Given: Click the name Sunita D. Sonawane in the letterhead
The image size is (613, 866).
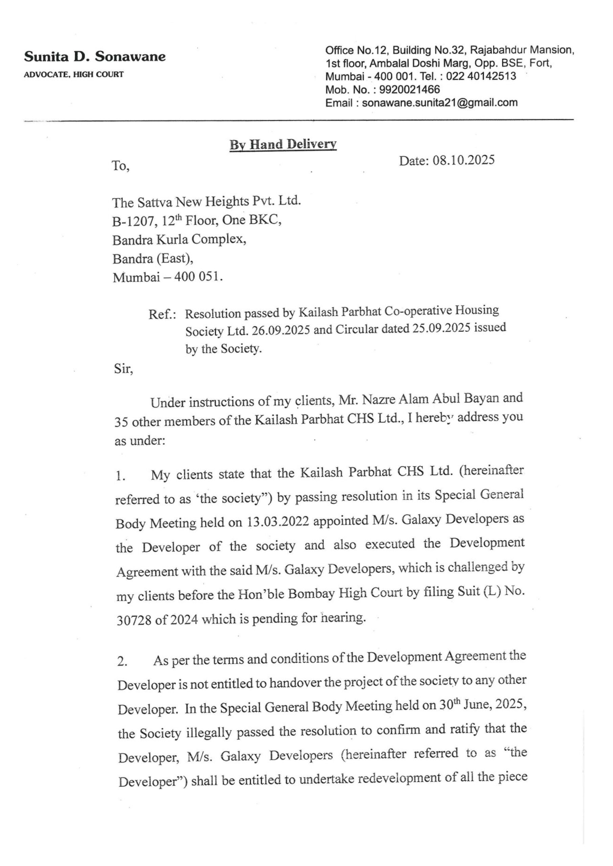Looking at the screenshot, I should pos(95,57).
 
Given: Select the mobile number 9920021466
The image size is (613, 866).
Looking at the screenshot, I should pos(410,90).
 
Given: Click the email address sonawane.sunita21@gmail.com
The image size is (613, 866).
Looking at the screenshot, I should pos(440,102).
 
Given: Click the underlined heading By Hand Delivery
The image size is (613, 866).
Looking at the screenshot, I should pos(283,144).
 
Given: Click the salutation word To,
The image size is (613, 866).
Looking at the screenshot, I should pos(121,166).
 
